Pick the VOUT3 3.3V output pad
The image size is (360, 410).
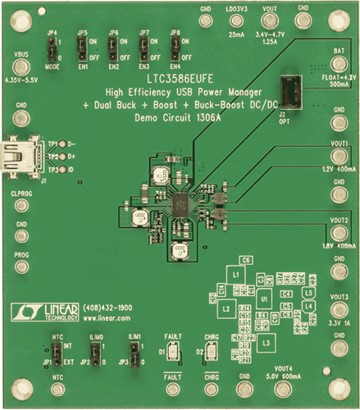pos(338,309)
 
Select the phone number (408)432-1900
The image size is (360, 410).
pos(104,307)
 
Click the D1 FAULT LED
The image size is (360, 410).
pos(172,354)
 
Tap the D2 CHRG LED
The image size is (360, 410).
pos(212,354)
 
